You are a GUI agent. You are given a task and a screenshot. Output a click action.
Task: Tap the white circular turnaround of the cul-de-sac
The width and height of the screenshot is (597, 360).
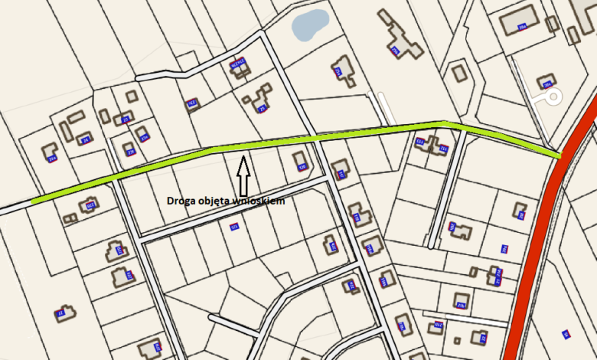tap(553, 97)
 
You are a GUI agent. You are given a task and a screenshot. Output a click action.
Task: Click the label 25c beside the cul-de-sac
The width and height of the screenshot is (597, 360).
tap(546, 83)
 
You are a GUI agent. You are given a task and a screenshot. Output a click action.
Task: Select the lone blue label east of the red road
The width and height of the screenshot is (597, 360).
tap(566, 333)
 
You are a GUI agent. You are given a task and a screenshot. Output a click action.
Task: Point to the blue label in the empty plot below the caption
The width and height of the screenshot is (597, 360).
tap(233, 226)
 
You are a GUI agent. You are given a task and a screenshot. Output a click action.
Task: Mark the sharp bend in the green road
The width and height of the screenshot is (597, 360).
tap(444, 123)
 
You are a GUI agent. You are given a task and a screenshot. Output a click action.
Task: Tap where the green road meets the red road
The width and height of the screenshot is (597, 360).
tap(559, 155)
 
